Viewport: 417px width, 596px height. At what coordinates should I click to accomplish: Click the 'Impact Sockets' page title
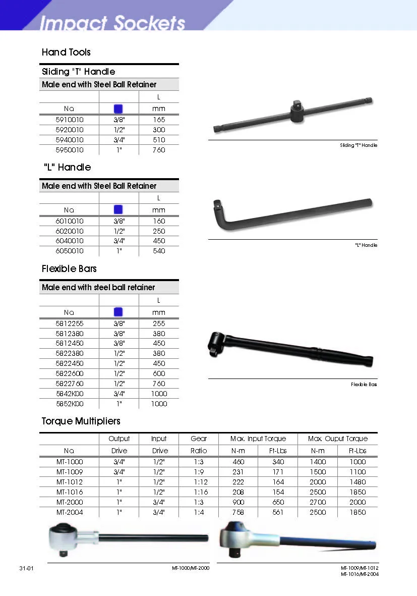pos(112,23)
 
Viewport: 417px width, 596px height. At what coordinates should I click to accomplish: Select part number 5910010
pos(70,120)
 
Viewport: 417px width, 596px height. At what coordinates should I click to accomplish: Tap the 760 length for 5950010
pos(159,150)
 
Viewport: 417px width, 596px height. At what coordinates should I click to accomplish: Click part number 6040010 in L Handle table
pos(70,241)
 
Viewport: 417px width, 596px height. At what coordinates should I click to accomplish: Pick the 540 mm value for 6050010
pos(159,251)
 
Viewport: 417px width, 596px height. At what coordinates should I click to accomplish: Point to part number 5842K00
pos(70,394)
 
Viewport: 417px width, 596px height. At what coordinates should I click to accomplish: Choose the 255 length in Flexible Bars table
pos(159,323)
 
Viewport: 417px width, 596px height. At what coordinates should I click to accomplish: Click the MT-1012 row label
pos(70,482)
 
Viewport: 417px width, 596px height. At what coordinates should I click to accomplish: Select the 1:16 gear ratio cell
pos(200,492)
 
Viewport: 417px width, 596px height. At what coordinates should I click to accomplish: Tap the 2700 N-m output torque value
pos(318,502)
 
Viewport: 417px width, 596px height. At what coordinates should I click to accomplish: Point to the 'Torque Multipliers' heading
pos(81,421)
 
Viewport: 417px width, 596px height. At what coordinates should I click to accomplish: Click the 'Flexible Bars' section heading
pos(69,268)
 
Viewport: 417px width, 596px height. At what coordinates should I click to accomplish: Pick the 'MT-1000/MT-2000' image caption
pos(190,568)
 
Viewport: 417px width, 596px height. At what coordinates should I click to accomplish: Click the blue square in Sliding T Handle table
pos(118,108)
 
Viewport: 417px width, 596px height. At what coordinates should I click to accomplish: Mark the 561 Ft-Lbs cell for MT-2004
pos(278,512)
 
